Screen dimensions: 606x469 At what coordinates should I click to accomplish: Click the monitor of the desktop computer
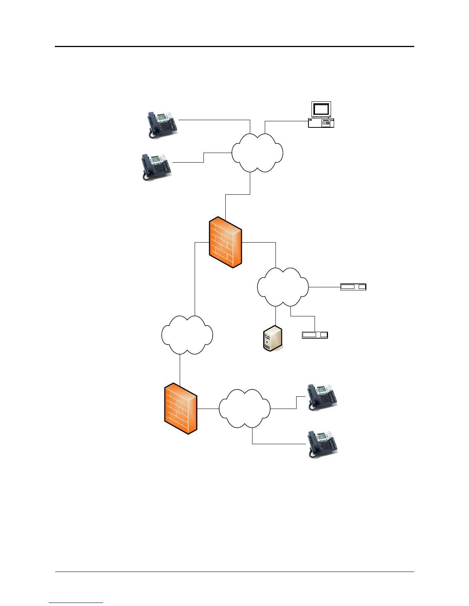click(321, 109)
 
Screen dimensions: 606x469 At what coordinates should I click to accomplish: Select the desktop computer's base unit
click(321, 123)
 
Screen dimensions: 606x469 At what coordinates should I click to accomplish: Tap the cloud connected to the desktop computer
click(257, 153)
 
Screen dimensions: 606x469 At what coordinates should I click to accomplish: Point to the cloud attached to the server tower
click(283, 287)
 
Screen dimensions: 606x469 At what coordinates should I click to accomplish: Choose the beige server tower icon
click(273, 338)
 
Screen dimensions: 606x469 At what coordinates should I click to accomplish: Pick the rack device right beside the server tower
click(315, 335)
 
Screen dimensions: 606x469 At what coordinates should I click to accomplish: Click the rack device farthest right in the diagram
click(353, 287)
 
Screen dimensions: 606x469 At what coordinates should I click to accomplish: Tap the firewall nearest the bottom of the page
click(181, 409)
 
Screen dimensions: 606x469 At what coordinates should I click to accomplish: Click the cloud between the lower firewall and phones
click(244, 409)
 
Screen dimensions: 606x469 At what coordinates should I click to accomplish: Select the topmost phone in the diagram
click(162, 124)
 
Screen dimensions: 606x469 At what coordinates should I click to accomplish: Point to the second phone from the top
click(156, 166)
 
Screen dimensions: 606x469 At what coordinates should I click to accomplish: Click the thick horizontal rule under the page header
click(235, 47)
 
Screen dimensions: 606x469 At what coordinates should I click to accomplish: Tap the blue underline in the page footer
click(76, 603)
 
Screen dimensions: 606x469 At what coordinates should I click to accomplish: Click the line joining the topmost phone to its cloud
click(215, 120)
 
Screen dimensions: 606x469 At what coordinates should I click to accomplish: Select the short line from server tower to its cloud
click(276, 316)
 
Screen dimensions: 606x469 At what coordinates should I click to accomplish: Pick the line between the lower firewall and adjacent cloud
click(208, 409)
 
